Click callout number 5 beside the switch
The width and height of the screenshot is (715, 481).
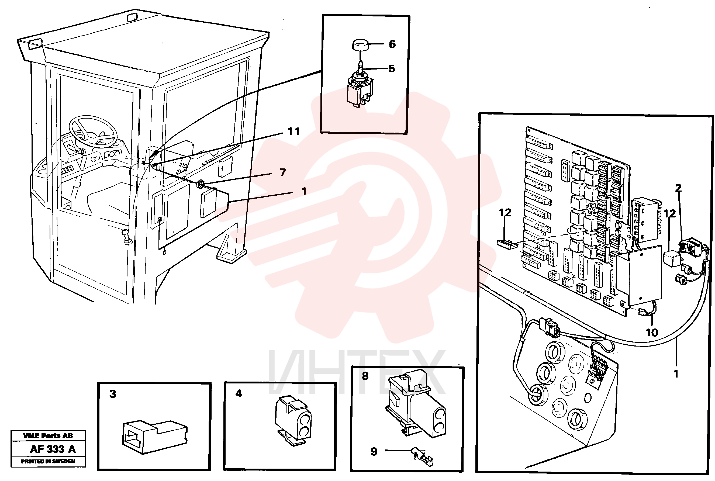pyautogui.click(x=391, y=69)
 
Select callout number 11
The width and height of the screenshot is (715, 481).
pyautogui.click(x=293, y=132)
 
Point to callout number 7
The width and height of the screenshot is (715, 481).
pyautogui.click(x=283, y=172)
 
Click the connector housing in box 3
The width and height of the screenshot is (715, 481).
pyautogui.click(x=155, y=437)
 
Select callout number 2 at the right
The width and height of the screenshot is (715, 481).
pyautogui.click(x=678, y=188)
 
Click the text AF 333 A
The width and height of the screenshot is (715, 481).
pyautogui.click(x=53, y=449)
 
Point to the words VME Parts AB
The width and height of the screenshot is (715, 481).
pyautogui.click(x=48, y=436)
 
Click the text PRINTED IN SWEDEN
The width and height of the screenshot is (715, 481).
pyautogui.click(x=48, y=461)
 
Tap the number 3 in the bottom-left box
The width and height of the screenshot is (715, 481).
pyautogui.click(x=113, y=394)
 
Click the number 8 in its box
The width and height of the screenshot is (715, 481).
pyautogui.click(x=365, y=376)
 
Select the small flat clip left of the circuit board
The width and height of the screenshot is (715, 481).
pyautogui.click(x=507, y=244)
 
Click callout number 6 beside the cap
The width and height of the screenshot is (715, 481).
pyautogui.click(x=392, y=44)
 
